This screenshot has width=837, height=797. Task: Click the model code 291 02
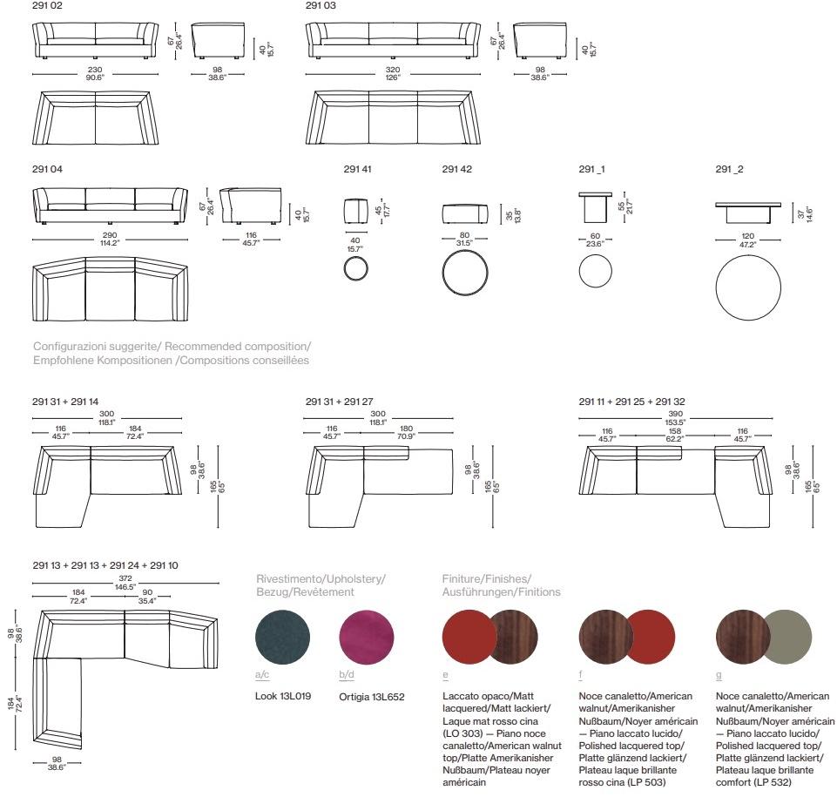coord(47,6)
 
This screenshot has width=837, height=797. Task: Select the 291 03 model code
coord(321,6)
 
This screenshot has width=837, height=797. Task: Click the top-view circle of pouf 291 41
coord(355,268)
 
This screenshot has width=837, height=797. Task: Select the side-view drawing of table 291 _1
coord(595,207)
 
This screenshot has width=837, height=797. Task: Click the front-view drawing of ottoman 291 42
coord(465,214)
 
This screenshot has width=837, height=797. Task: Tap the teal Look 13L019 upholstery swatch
coord(283,637)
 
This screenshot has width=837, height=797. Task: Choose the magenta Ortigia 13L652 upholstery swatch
coord(367,637)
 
